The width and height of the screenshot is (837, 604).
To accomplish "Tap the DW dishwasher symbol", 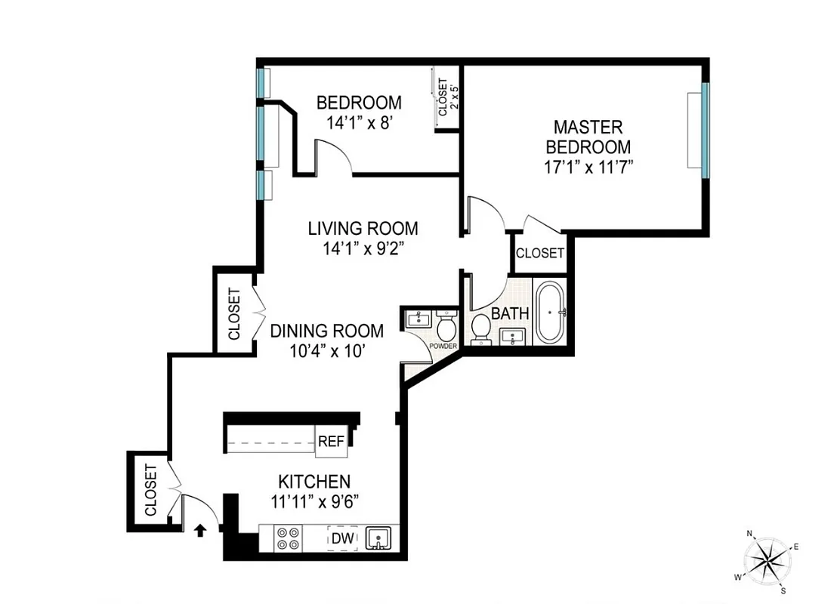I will (341, 538).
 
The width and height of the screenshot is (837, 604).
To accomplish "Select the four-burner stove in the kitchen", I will (287, 537).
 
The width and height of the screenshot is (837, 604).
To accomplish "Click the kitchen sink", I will (378, 538).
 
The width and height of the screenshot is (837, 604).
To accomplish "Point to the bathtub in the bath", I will (551, 313).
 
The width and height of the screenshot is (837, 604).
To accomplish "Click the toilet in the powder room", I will (445, 328).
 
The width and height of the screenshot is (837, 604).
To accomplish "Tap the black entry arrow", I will (201, 531).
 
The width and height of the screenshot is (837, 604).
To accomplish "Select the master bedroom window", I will (705, 130).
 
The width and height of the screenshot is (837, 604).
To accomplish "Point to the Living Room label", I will (363, 228).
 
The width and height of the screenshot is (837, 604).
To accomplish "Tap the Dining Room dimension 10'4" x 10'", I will (327, 350).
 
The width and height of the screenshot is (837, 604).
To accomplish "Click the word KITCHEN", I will (314, 481).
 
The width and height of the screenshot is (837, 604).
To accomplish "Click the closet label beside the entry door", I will (150, 491).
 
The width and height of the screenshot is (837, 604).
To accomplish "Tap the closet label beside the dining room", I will (234, 314).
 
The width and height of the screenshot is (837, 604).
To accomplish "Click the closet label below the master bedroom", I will (540, 254).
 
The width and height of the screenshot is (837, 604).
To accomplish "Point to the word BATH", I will (510, 313).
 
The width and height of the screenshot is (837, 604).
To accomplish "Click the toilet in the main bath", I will (480, 328).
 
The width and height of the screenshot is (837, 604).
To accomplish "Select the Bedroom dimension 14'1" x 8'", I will (359, 122).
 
